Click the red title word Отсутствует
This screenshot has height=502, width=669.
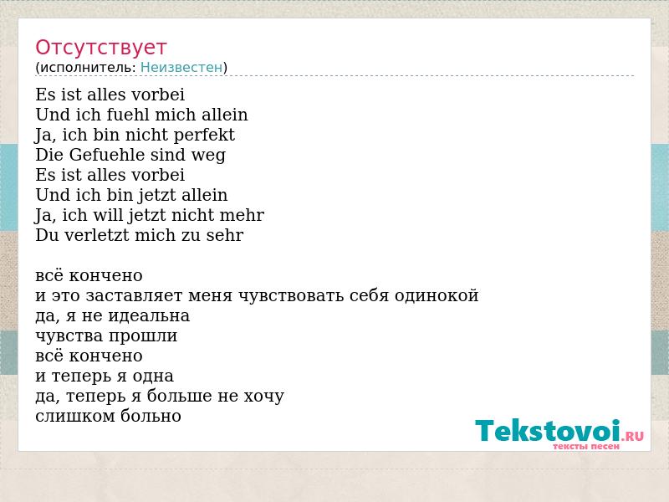[100, 48]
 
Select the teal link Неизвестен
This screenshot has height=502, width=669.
[181, 68]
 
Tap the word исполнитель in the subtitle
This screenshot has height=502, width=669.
[88, 68]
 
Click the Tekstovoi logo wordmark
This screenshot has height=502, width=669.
[548, 430]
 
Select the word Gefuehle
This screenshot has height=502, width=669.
[107, 155]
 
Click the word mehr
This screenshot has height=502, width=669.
[242, 215]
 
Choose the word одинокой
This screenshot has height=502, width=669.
[437, 296]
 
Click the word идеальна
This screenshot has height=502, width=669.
[149, 316]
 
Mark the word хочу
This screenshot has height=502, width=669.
[263, 397]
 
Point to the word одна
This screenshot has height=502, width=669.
[153, 376]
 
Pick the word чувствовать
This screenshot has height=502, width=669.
[291, 296]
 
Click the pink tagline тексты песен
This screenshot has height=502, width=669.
[586, 447]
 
